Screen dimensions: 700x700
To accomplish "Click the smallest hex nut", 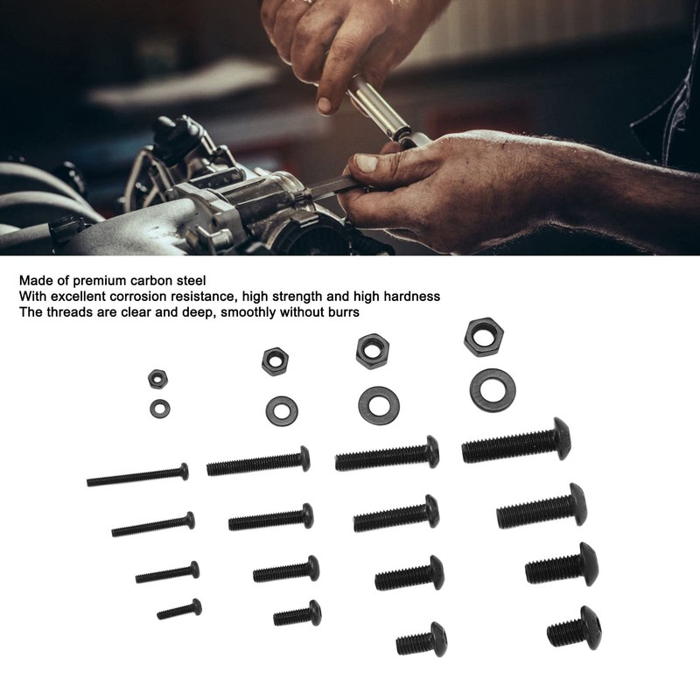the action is (157, 379).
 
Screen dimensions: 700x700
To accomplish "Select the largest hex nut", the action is (484, 337).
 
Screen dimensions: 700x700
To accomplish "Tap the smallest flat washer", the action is (160, 409).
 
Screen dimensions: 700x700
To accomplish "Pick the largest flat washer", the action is (493, 390).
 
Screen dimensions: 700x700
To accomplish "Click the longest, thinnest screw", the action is (137, 475).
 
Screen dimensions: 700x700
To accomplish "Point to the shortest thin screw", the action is (179, 609).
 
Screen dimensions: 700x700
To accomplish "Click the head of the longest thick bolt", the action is (562, 438).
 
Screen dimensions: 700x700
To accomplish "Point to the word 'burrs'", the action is (344, 312).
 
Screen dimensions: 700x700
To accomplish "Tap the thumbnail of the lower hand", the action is (367, 164).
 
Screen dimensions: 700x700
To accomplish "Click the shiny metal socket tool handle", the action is (379, 107).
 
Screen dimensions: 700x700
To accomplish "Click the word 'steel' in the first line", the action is (192, 281).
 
